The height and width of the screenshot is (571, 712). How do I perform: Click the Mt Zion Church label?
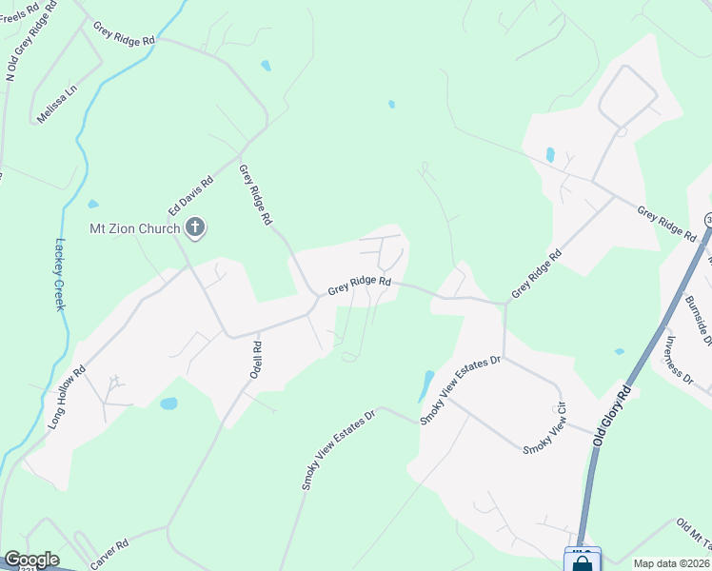tap(134, 228)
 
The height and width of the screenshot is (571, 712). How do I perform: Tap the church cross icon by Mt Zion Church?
tap(195, 227)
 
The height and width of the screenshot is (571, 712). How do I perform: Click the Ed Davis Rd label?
tap(190, 195)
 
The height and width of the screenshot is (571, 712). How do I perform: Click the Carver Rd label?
tap(109, 556)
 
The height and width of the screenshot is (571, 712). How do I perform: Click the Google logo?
tap(31, 560)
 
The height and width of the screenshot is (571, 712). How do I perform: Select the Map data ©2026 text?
tap(672, 563)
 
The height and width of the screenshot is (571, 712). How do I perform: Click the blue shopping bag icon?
tap(581, 561)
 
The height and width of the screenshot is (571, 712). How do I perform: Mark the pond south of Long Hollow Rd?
tap(168, 404)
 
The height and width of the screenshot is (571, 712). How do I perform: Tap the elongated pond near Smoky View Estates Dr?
tap(425, 385)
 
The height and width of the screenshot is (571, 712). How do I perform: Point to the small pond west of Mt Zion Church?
tap(92, 204)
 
